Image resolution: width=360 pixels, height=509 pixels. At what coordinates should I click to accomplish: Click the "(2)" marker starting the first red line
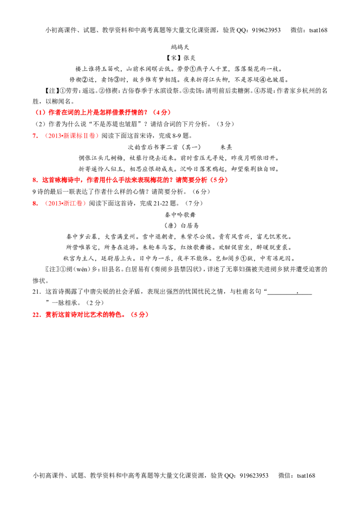point(40,112)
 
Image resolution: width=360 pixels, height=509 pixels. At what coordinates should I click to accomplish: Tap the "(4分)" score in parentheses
point(162,112)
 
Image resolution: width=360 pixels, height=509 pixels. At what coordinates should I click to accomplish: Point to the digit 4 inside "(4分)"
point(159,112)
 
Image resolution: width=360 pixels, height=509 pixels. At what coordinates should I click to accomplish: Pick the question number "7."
point(35,136)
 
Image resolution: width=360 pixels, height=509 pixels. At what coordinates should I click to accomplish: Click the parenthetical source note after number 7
point(72,136)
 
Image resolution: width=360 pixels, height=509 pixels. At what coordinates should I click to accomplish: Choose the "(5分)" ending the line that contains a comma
point(220,180)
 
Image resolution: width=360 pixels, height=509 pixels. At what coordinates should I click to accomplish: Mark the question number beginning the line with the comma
point(35,180)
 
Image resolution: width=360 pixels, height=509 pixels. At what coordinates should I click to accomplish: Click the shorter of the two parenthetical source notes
point(65,203)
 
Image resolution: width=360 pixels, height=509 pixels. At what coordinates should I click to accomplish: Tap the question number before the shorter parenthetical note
point(35,203)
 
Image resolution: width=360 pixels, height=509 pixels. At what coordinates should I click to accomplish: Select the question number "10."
point(37,316)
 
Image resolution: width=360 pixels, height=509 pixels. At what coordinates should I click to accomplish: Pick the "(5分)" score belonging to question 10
point(139,316)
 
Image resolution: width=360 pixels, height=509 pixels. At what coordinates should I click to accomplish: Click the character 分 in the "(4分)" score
point(164,112)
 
